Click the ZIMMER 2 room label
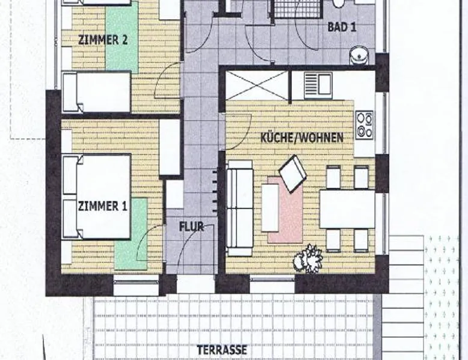click(103, 40)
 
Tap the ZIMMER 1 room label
click(103, 206)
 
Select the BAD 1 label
click(342, 27)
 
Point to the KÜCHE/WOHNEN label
click(302, 138)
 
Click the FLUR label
click(191, 227)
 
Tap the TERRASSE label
click(222, 350)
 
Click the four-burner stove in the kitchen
click(365, 124)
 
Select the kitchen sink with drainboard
click(318, 85)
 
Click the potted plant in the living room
click(308, 258)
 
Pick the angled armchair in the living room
click(292, 174)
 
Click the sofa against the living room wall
click(239, 208)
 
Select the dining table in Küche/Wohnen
click(347, 209)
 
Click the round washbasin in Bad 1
click(359, 56)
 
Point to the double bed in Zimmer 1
click(97, 197)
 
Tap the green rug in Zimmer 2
click(122, 37)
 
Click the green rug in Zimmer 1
click(132, 234)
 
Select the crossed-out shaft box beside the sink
click(257, 85)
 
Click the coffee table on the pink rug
click(270, 207)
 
